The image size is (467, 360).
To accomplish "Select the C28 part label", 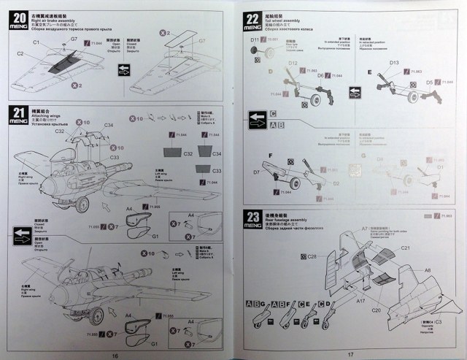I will tap(311, 256).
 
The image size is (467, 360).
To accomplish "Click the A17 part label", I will tap(360, 300).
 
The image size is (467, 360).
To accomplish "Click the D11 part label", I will tap(255, 39).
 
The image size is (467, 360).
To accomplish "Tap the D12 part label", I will tap(292, 64).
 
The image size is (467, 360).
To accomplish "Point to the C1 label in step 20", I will tap(36, 43).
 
